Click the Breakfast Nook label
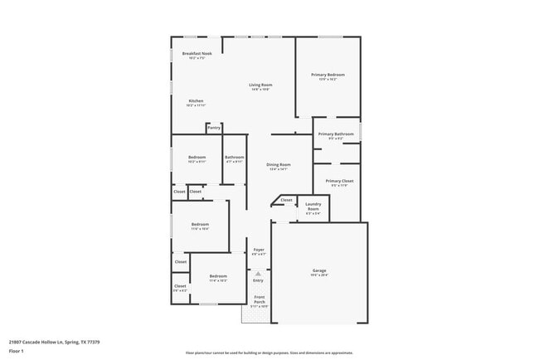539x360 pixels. click(197, 54)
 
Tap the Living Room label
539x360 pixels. click(261, 85)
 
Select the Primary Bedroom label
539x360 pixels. click(328, 75)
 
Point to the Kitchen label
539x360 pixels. click(196, 101)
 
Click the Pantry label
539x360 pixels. click(214, 128)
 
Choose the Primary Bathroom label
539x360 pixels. click(336, 134)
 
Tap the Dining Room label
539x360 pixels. click(279, 164)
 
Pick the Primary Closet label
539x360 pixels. click(339, 181)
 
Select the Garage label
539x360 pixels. click(319, 271)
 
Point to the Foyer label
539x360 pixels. click(259, 250)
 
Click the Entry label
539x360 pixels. click(258, 280)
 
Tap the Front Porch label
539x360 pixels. click(260, 299)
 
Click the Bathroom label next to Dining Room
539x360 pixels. click(234, 158)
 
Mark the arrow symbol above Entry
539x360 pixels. click(258, 272)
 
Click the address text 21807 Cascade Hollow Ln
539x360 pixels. click(48, 341)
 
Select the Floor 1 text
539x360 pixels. click(16, 351)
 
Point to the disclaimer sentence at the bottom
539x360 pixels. click(269, 353)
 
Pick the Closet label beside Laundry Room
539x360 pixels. click(286, 200)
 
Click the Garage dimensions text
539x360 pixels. click(319, 275)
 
